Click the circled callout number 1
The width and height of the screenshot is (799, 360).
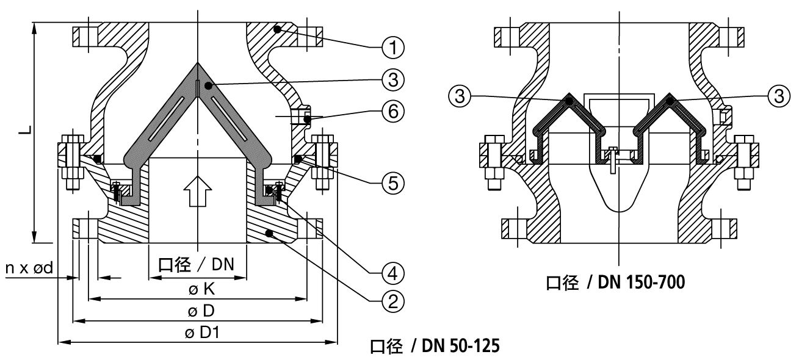tap(392, 46)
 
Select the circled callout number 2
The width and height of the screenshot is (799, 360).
tap(392, 299)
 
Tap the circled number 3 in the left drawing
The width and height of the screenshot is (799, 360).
tap(392, 79)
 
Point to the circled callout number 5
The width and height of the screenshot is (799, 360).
tap(392, 182)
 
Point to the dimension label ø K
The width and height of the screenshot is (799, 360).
tap(197, 290)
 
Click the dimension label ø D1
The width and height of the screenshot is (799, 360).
tap(197, 333)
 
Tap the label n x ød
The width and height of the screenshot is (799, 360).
tap(32, 267)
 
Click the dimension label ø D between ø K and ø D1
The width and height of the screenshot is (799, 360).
tap(197, 311)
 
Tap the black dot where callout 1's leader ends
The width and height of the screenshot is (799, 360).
tap(277, 28)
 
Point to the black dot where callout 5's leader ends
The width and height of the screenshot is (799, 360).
tap(297, 159)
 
